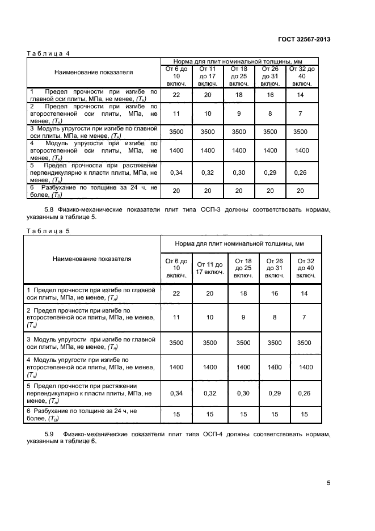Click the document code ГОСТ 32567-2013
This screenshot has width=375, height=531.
(304, 39)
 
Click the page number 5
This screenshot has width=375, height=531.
(328, 483)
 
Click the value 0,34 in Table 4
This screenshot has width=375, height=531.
(176, 172)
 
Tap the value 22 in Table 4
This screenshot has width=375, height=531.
(176, 95)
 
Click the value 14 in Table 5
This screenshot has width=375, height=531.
(304, 293)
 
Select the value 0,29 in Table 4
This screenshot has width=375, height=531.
(270, 172)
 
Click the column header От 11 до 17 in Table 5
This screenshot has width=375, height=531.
(210, 268)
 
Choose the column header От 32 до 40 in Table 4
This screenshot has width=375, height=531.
(302, 76)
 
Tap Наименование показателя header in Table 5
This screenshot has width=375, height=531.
(92, 259)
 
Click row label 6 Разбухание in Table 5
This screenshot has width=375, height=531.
(82, 414)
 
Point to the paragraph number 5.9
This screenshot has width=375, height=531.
(49, 434)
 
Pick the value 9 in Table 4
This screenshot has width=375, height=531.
(239, 113)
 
